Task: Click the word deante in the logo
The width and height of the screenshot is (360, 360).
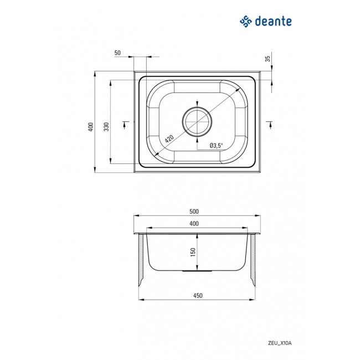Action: [x=274, y=22]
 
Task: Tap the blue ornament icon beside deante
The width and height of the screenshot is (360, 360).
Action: [x=245, y=22]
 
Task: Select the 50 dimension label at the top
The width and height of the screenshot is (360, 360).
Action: [x=117, y=53]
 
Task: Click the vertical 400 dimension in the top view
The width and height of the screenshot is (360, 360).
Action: [x=90, y=127]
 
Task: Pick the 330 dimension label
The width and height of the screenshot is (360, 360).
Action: [x=106, y=127]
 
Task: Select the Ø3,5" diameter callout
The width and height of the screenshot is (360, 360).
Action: [x=216, y=146]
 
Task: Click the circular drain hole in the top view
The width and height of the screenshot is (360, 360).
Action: [x=196, y=121]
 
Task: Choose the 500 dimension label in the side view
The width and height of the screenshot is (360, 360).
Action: [x=194, y=212]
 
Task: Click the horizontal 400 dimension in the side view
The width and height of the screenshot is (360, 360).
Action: [x=194, y=223]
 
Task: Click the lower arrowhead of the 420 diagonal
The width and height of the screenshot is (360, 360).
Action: [x=157, y=152]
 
